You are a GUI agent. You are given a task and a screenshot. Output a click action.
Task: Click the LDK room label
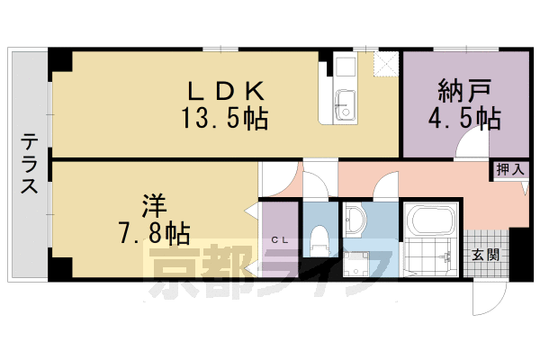tap(225, 91)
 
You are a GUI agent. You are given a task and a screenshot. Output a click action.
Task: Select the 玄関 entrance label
tap(487, 253)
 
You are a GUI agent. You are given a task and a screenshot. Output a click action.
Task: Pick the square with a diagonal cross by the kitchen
tap(385, 64)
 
